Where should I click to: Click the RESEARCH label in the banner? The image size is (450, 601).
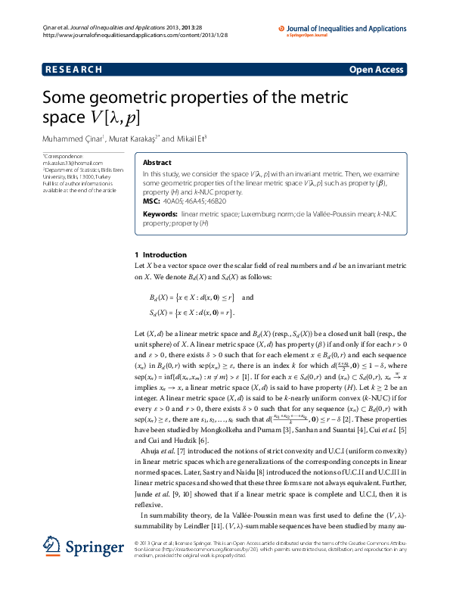(73, 70)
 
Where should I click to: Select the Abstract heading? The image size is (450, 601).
(157, 163)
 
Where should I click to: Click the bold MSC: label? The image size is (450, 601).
(151, 201)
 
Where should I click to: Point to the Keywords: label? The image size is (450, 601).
(160, 215)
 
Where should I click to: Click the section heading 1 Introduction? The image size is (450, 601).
(160, 255)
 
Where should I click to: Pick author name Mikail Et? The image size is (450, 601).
(190, 139)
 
